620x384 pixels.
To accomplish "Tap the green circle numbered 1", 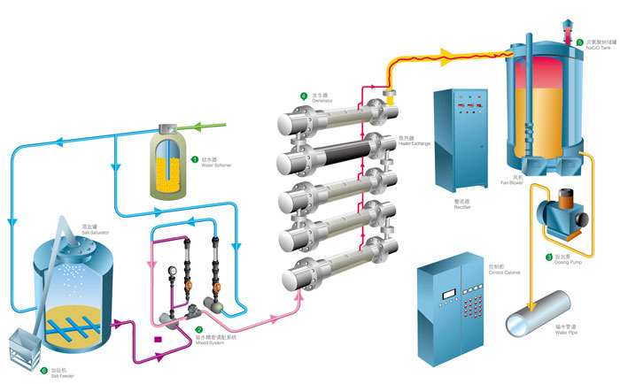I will [195, 160].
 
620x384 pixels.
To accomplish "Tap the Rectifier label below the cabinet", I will [453, 203].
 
